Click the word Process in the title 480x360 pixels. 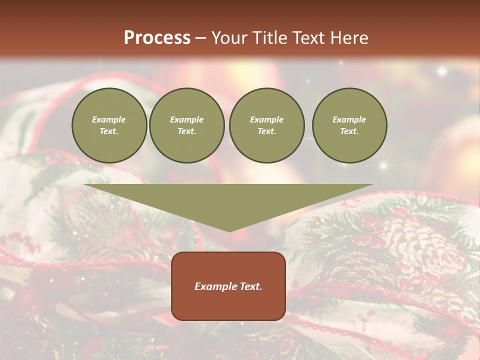(x=157, y=38)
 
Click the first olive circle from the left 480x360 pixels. (x=109, y=125)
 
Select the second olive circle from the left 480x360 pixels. (x=186, y=125)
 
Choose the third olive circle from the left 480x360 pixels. (x=266, y=125)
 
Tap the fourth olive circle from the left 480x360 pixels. (x=349, y=125)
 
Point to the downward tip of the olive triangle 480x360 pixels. (x=229, y=230)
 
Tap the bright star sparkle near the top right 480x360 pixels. (x=442, y=71)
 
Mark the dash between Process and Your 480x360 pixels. (x=200, y=38)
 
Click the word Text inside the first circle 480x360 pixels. (x=108, y=131)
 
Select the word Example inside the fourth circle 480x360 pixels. (x=349, y=119)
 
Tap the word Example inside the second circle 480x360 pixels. (x=186, y=119)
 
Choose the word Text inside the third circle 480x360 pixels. (x=266, y=131)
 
